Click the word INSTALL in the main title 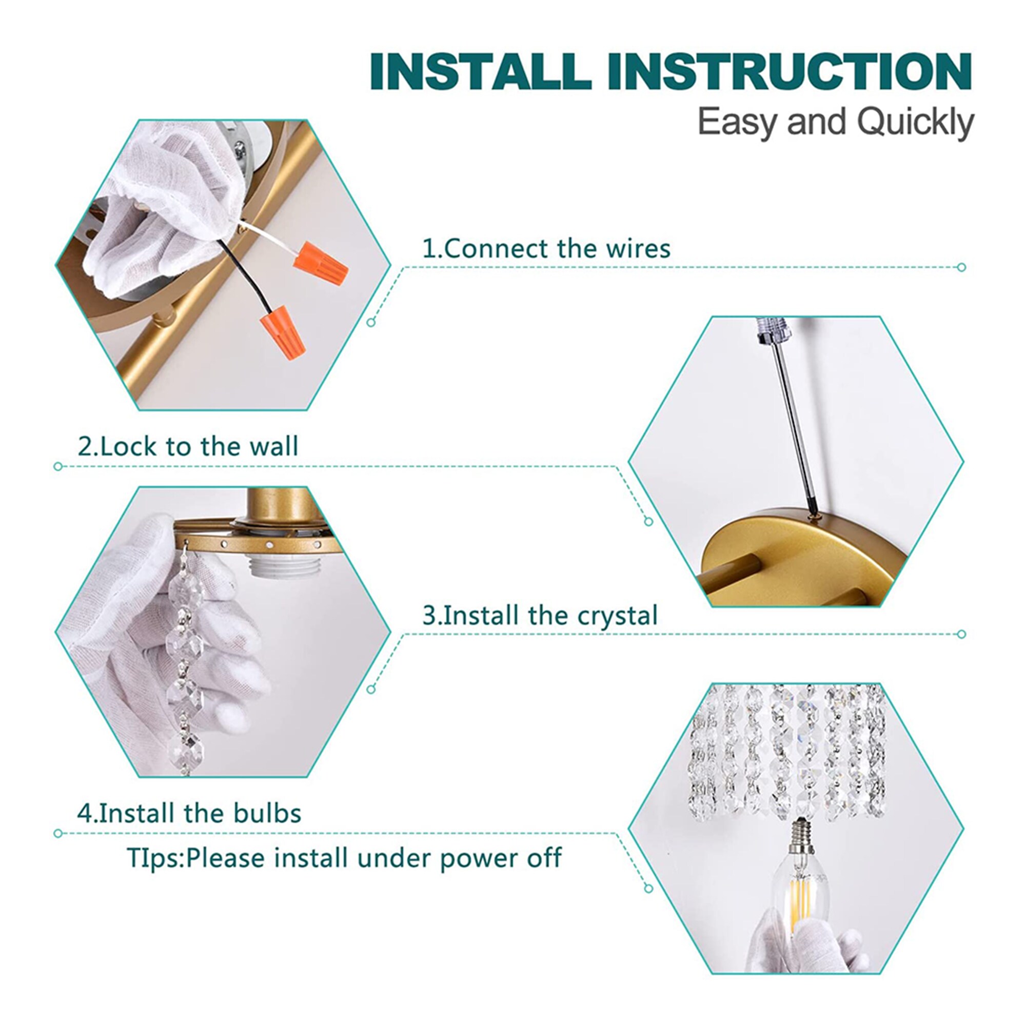tap(480, 71)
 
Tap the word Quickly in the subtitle tap(916, 123)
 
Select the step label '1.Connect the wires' tap(546, 248)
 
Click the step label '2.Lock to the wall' tap(188, 446)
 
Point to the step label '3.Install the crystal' tap(540, 616)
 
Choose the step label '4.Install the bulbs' tap(190, 814)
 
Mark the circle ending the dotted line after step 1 tap(961, 267)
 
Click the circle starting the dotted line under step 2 tap(58, 466)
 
